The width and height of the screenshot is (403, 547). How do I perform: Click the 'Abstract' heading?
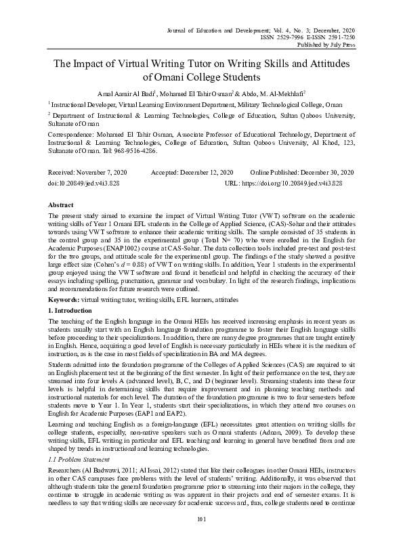point(61,204)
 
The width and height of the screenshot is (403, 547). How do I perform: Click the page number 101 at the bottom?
point(200,538)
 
